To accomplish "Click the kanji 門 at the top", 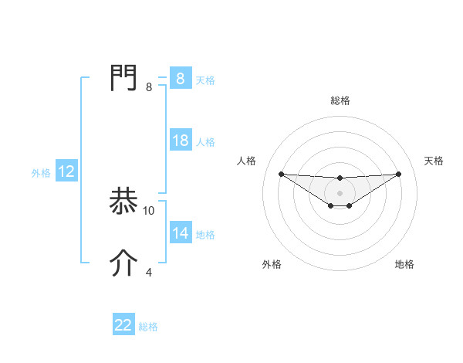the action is (124, 78).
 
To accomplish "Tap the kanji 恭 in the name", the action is (124, 202).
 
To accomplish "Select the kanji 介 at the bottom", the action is (124, 264).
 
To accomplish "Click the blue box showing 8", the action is (180, 79).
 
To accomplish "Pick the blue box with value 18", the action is (180, 141).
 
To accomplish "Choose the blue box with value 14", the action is (180, 233).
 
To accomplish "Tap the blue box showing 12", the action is (66, 172).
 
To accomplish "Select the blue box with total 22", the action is (123, 325).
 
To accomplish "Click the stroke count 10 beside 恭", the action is (149, 210).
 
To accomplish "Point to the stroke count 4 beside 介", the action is (149, 272).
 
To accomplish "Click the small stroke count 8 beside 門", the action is (149, 87).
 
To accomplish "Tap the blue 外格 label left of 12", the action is (41, 173).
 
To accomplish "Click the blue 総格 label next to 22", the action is (148, 327).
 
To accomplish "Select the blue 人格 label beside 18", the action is (205, 142).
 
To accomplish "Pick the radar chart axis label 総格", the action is (340, 100).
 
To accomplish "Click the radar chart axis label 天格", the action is (434, 161).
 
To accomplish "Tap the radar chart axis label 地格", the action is (404, 264).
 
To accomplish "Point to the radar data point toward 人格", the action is (281, 174).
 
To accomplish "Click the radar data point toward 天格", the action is (398, 174).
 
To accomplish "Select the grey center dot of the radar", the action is (340, 192).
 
